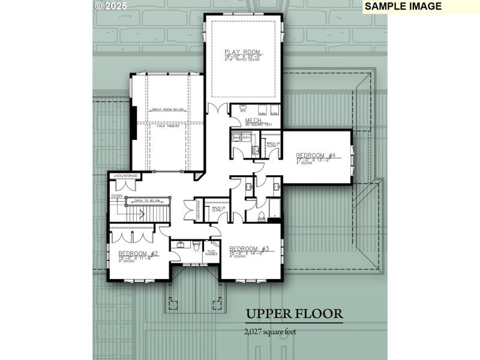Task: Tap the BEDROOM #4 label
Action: (319, 155)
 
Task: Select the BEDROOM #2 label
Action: (138, 253)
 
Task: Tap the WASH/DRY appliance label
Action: (241, 137)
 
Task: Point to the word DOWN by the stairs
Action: (116, 196)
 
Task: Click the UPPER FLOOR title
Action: (294, 314)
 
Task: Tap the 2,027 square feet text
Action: (270, 331)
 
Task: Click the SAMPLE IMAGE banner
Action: (403, 6)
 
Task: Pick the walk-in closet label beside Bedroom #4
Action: (273, 144)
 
